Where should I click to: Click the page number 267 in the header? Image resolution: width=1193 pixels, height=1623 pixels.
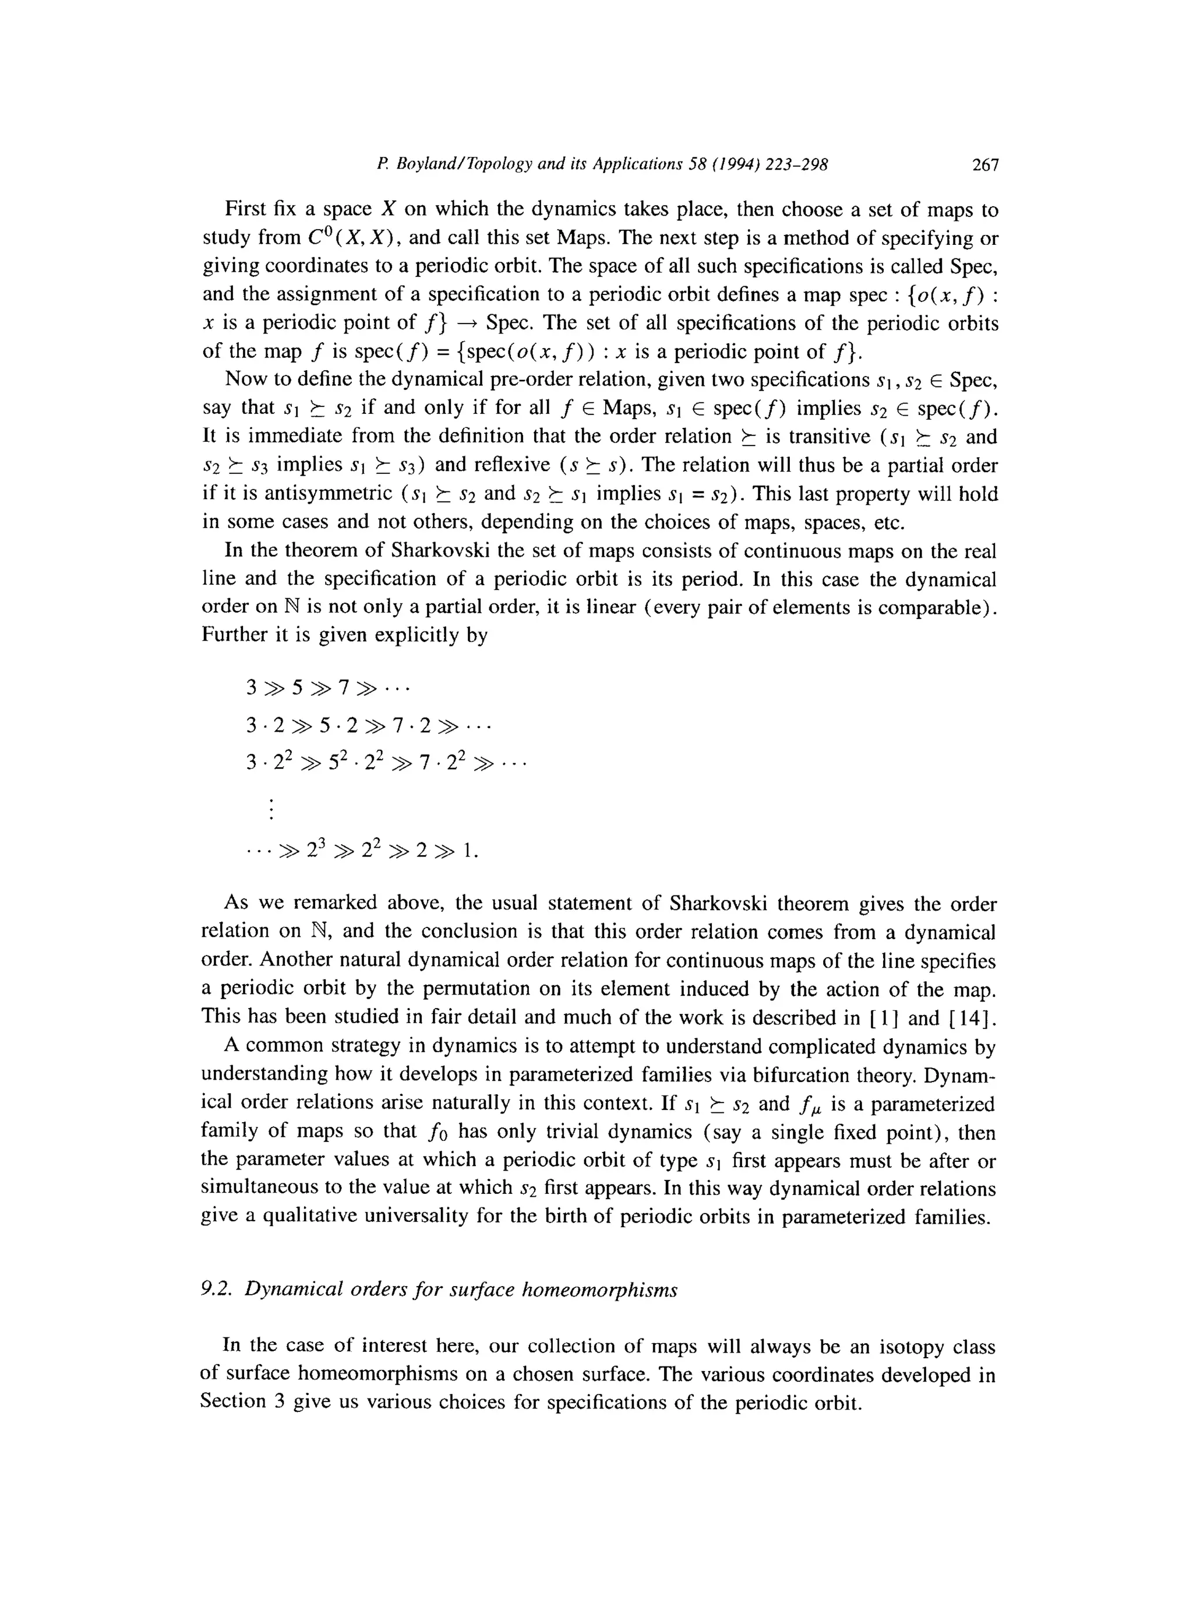(x=985, y=166)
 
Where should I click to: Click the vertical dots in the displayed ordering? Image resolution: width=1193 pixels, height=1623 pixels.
(x=271, y=809)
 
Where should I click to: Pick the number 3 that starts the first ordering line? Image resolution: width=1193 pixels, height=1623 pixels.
(x=251, y=687)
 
